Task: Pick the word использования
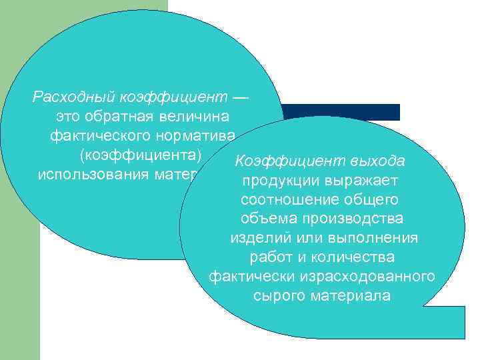84,175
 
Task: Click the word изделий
256,238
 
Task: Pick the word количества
355,257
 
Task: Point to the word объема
263,219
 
